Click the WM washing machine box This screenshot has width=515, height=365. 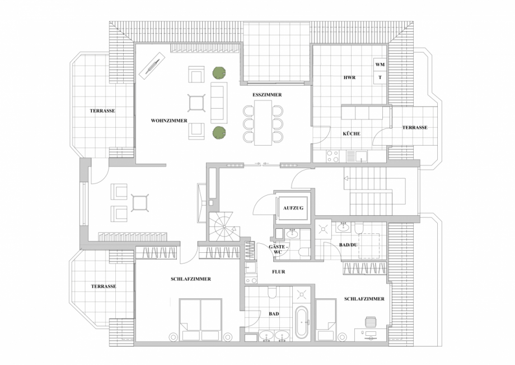[380, 65]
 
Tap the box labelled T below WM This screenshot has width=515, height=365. [380, 78]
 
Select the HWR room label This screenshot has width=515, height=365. [349, 78]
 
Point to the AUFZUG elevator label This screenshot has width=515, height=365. [293, 208]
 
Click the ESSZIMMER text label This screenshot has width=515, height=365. [267, 95]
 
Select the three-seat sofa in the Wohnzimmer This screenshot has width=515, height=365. [218, 103]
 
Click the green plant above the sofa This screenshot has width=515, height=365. [218, 72]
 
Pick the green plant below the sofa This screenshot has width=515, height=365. [218, 133]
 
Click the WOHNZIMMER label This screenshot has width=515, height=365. [168, 121]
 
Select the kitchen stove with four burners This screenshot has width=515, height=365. [332, 157]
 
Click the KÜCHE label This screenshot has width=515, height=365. [351, 134]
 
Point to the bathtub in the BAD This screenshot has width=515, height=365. [301, 324]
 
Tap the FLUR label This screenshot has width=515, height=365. [278, 272]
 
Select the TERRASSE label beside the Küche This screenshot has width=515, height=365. [414, 128]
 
